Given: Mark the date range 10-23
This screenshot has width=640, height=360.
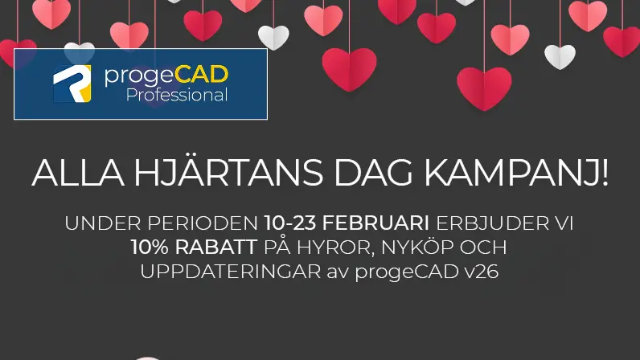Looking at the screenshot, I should point(290,223).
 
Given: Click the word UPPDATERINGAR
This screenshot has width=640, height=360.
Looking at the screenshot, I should point(231,272).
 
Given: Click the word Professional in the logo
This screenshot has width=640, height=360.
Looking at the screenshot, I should point(177,96).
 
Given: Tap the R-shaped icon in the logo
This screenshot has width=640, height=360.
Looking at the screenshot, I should point(72,84).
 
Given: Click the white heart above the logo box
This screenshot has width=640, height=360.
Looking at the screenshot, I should point(79,53).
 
